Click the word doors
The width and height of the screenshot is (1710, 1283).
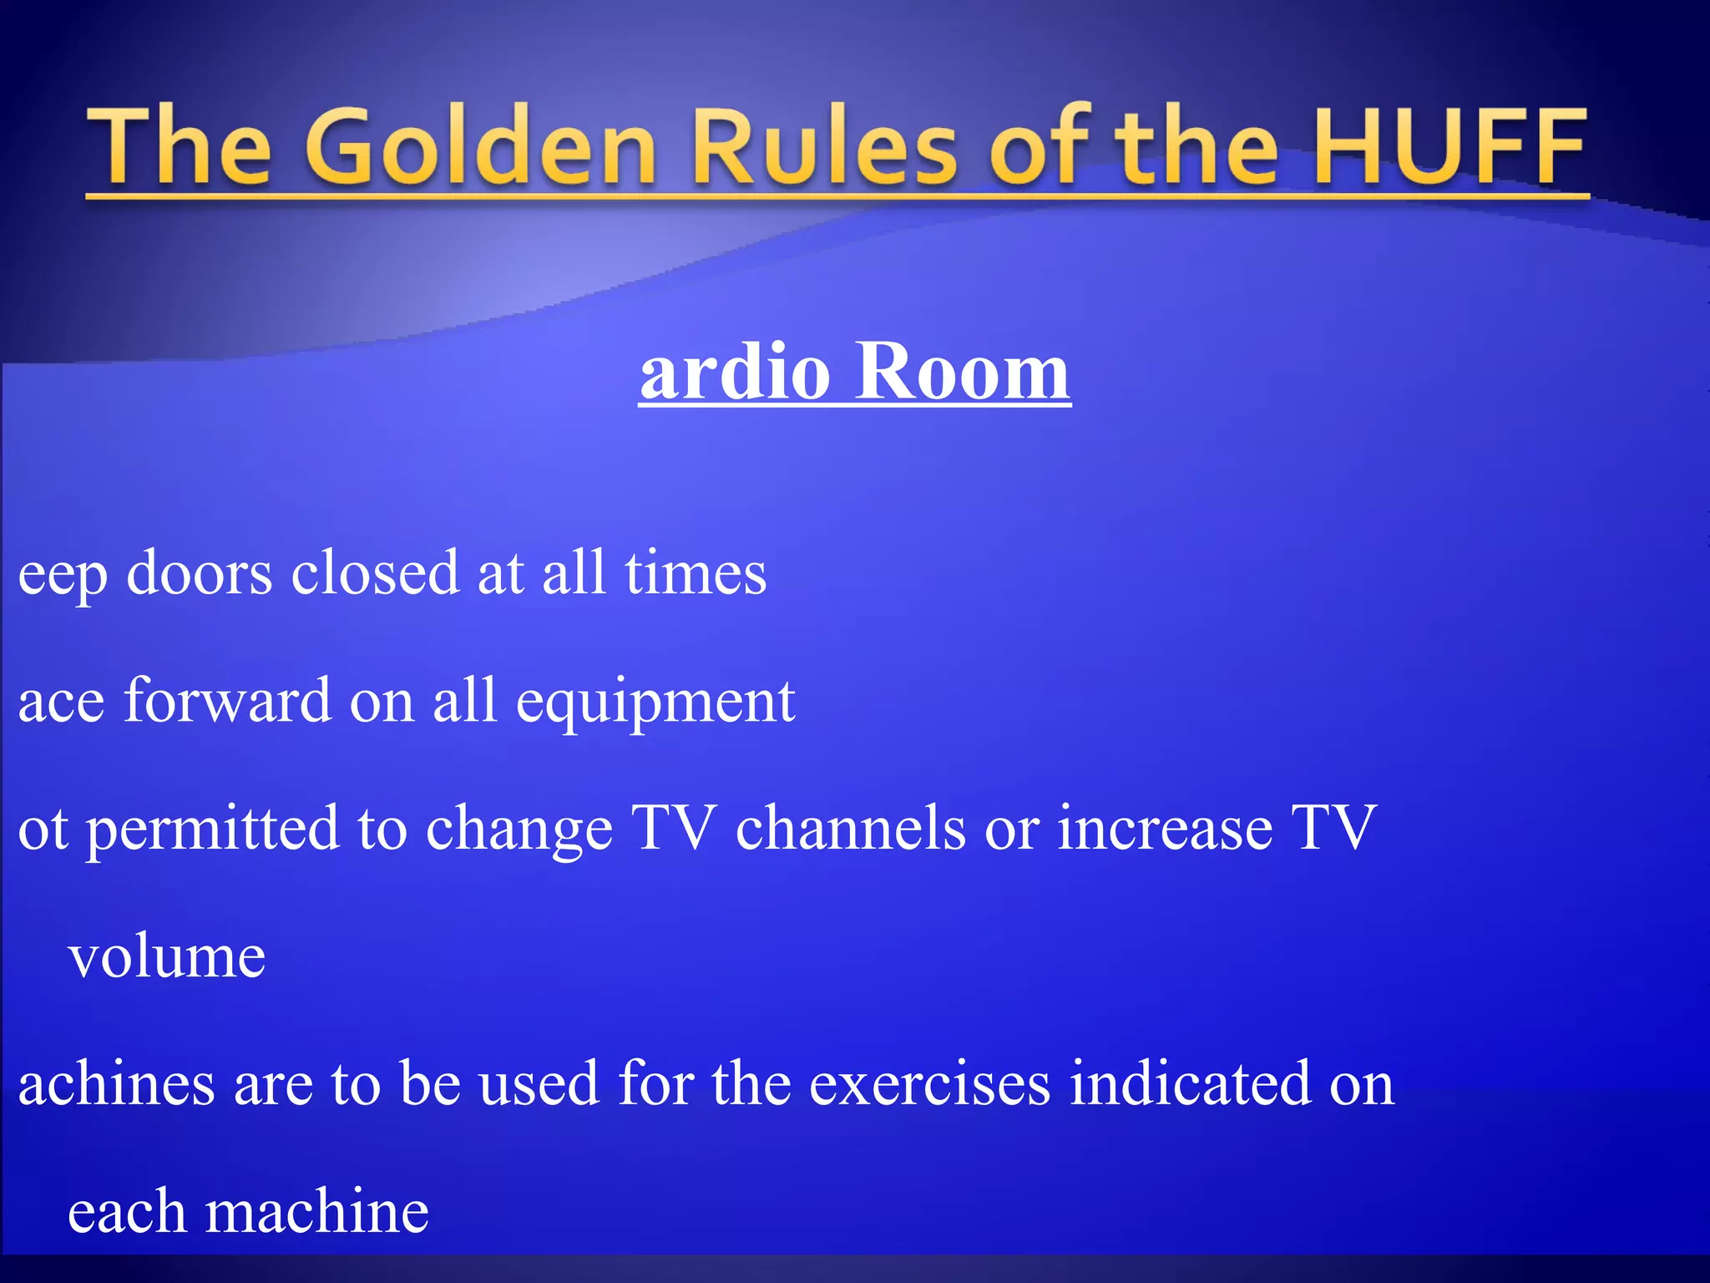tap(199, 574)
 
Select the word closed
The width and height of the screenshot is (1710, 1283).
tap(375, 574)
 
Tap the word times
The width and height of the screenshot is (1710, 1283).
tap(696, 574)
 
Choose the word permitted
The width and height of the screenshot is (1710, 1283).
tap(213, 829)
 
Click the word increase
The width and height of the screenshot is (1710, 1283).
tap(1165, 829)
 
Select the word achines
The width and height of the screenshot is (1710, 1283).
tap(116, 1083)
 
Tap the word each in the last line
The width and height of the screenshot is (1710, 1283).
tap(126, 1211)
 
